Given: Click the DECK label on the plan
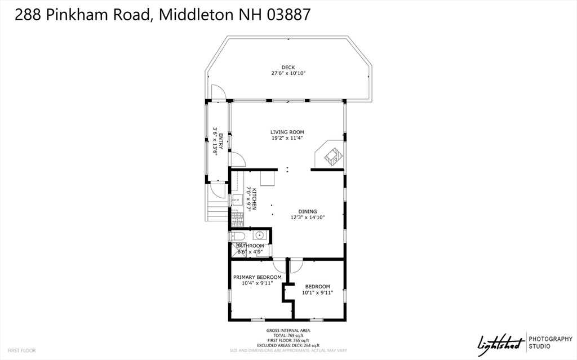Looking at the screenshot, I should click(x=288, y=68).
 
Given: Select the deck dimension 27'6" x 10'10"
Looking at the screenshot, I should click(x=288, y=73).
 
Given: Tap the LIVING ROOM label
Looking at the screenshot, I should click(x=287, y=132).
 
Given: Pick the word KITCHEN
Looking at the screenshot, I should click(x=254, y=199).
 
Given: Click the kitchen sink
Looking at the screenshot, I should click(x=237, y=199).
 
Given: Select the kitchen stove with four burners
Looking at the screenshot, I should click(x=237, y=217).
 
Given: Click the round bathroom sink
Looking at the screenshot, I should click(x=260, y=235).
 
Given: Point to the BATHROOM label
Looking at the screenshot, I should click(x=250, y=246).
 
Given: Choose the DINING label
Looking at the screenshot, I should click(x=308, y=211).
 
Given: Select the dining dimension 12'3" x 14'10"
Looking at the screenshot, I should click(x=308, y=217).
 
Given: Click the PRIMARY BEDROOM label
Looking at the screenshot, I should click(x=258, y=277).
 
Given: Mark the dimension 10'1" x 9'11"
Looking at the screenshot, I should click(x=318, y=292).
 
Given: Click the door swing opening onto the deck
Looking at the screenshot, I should click(x=218, y=91).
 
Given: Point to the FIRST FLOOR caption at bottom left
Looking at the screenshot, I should click(x=22, y=350).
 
